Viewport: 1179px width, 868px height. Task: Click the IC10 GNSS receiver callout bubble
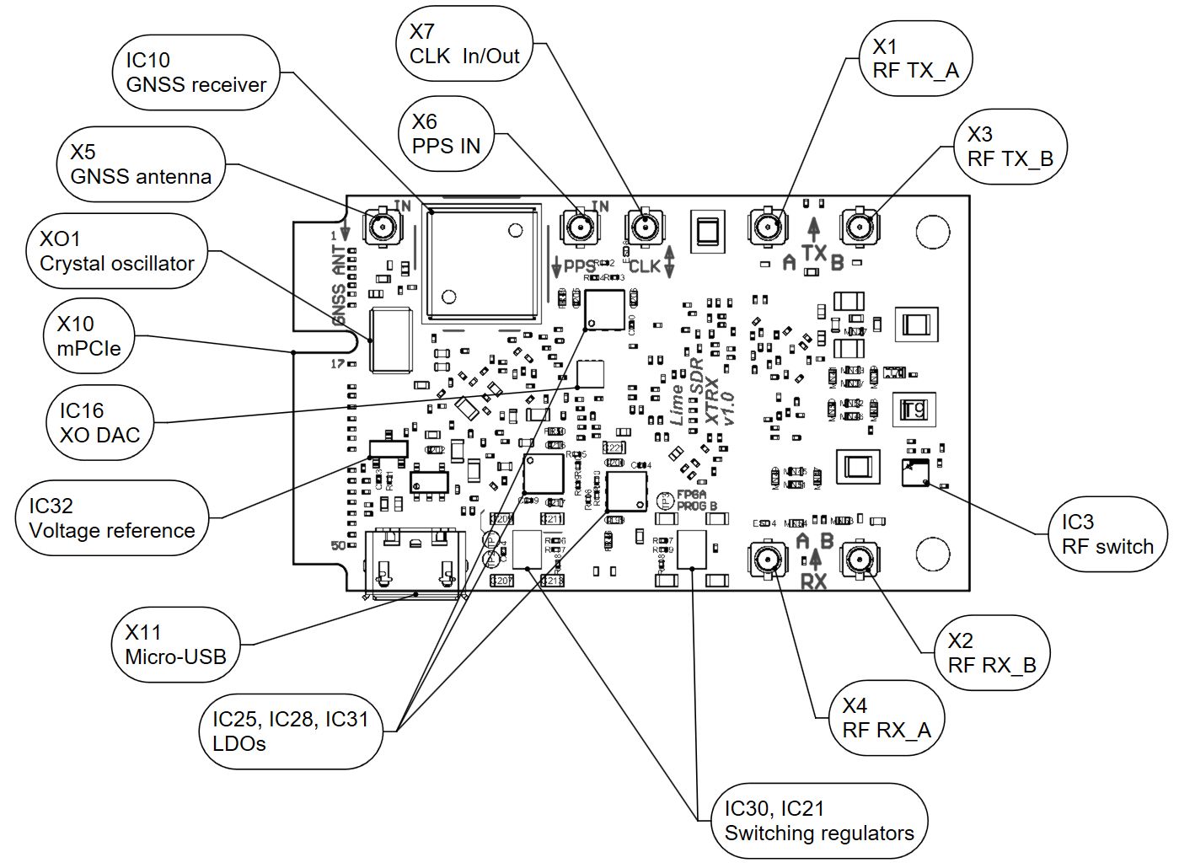coord(196,72)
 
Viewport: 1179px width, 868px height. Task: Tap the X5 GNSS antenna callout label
coord(141,164)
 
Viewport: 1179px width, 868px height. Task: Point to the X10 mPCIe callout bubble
coord(88,336)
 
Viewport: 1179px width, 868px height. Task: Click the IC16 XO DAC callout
coord(99,422)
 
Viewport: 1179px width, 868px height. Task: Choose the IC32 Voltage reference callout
coord(111,518)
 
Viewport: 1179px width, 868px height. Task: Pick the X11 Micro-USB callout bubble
coord(175,645)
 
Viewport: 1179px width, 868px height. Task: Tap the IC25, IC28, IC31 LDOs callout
coord(290,731)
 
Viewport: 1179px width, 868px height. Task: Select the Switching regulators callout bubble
coord(818,821)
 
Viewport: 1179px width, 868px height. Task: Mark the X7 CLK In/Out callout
coord(464,44)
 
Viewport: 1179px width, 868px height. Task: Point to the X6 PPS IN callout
coord(446,134)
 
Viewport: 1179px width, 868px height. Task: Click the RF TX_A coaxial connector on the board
coord(768,227)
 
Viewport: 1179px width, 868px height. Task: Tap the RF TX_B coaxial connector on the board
coord(860,227)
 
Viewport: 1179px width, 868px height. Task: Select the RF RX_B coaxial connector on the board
coord(860,560)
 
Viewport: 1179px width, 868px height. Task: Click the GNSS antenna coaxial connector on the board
coord(383,226)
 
